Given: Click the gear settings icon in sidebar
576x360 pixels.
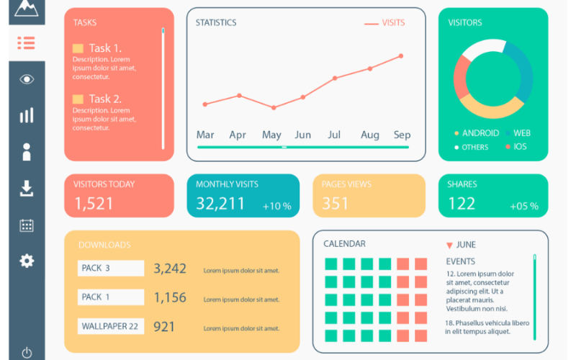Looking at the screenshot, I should click(27, 261).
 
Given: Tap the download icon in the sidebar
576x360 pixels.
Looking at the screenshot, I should click(27, 189).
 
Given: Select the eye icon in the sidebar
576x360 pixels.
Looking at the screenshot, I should click(27, 79).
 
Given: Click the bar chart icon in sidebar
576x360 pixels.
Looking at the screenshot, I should click(27, 115).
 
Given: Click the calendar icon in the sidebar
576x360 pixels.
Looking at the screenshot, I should click(27, 225).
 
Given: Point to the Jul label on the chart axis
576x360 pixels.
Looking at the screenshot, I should click(334, 135).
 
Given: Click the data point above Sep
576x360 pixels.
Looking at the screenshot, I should click(401, 55).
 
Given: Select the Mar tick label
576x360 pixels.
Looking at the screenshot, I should click(205, 135).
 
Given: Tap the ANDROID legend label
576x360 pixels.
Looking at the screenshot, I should click(480, 133).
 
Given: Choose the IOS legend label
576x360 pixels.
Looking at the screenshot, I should click(519, 147).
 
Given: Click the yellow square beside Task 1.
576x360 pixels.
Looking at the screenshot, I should click(78, 48).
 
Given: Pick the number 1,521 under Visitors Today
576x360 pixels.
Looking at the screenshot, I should click(94, 204).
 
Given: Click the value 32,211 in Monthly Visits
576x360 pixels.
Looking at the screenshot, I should click(220, 204).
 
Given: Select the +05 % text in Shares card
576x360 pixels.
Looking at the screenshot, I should click(524, 206).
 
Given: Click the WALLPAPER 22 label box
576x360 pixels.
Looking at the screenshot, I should click(110, 326).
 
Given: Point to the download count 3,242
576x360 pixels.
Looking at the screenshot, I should click(170, 269).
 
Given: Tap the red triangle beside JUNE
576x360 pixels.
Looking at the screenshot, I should click(450, 246).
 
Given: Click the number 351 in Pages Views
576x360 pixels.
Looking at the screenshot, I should click(335, 204).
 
